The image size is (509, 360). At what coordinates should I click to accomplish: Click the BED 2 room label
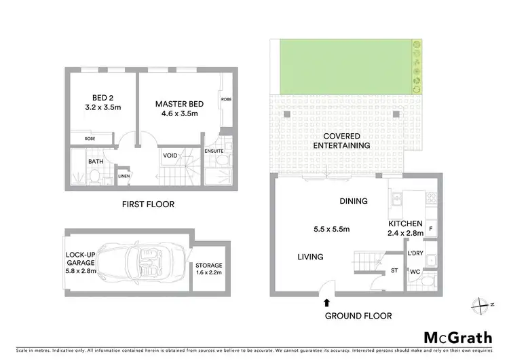(99, 102)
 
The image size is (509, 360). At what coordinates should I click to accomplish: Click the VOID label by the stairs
(170, 156)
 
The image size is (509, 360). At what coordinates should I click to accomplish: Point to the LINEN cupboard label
(124, 177)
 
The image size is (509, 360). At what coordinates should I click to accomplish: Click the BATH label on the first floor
(95, 162)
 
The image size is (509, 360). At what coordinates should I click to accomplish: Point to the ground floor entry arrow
(327, 302)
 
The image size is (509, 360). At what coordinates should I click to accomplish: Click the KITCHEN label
(406, 228)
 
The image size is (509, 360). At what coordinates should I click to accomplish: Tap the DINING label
(354, 201)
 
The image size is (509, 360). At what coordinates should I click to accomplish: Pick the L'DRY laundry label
(415, 253)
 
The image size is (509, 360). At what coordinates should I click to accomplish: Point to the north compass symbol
(483, 304)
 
